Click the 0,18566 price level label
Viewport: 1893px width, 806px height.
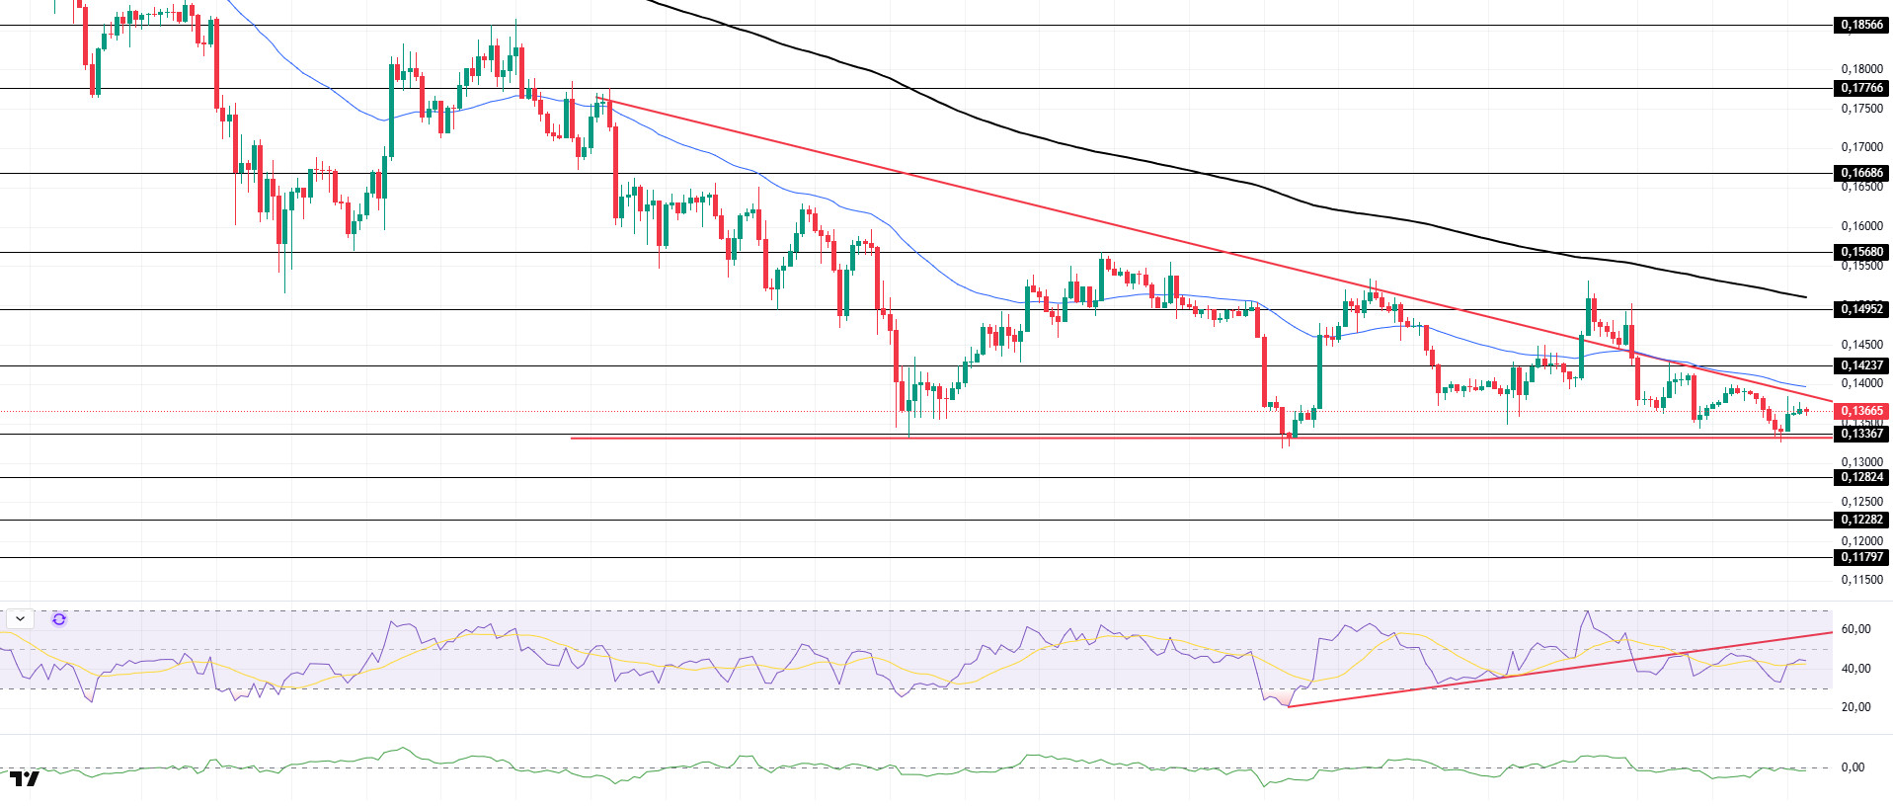click(x=1861, y=25)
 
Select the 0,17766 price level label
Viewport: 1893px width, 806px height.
click(x=1861, y=88)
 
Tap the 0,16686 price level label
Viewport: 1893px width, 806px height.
click(x=1861, y=173)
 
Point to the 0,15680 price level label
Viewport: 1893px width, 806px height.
click(x=1861, y=252)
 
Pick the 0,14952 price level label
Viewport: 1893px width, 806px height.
click(x=1861, y=309)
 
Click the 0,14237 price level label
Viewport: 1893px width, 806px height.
click(x=1861, y=365)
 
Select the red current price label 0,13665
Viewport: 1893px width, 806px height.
click(x=1861, y=411)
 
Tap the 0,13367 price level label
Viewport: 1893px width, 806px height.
click(x=1861, y=434)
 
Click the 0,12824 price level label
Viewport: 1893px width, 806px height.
click(x=1861, y=477)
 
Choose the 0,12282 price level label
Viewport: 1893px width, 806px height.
click(x=1861, y=520)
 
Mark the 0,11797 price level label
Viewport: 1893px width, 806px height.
click(x=1861, y=557)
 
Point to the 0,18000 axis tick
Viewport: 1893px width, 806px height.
click(x=1861, y=69)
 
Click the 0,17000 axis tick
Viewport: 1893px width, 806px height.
click(x=1861, y=147)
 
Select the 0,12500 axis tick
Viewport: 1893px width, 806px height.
click(x=1861, y=502)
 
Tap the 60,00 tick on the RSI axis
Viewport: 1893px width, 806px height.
click(x=1855, y=629)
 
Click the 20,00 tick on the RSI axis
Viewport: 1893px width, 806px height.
click(x=1855, y=707)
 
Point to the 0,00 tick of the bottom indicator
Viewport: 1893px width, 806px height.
click(x=1853, y=767)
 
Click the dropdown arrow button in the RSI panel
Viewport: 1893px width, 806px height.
click(x=21, y=619)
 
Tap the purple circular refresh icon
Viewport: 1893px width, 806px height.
click(x=59, y=619)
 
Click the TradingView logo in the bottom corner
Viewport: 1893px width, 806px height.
click(x=25, y=779)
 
